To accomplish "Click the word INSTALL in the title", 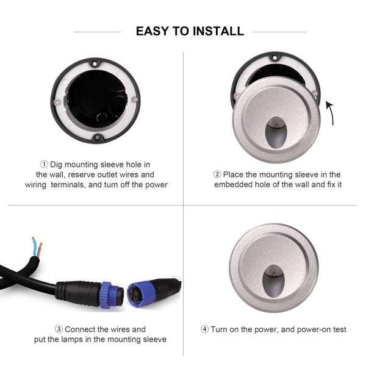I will (x=218, y=31).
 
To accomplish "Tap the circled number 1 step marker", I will (x=44, y=165).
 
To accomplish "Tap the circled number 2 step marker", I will (x=217, y=175).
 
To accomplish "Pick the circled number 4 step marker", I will (x=205, y=329).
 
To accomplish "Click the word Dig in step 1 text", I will (x=56, y=165).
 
